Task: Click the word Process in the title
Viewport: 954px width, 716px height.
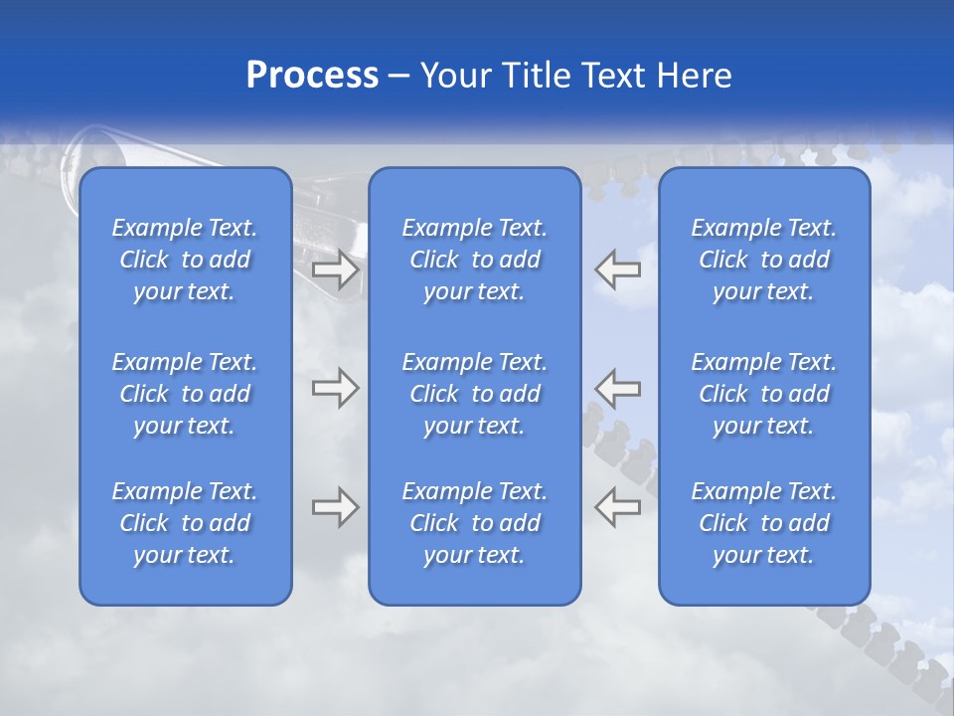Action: point(312,76)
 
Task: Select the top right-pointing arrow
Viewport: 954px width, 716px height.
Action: point(336,269)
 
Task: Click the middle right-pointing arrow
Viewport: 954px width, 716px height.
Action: point(336,388)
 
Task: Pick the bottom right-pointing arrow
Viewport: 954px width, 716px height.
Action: point(336,507)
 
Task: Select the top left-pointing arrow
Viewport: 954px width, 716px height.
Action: point(617,269)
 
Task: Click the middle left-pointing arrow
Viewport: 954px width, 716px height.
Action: point(617,388)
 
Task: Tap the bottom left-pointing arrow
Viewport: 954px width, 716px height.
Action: point(617,507)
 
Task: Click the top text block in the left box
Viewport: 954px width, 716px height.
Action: point(185,260)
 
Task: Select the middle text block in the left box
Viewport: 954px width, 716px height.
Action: point(185,394)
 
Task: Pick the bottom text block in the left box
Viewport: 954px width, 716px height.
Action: point(185,523)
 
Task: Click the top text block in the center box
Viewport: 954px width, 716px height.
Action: point(474,260)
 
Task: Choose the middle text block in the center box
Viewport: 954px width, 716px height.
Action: point(474,394)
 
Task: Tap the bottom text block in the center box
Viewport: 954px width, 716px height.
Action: point(474,523)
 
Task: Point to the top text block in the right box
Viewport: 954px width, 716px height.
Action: point(763,260)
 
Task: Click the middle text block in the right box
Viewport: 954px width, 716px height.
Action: point(763,394)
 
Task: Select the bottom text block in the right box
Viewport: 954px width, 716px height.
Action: point(763,523)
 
